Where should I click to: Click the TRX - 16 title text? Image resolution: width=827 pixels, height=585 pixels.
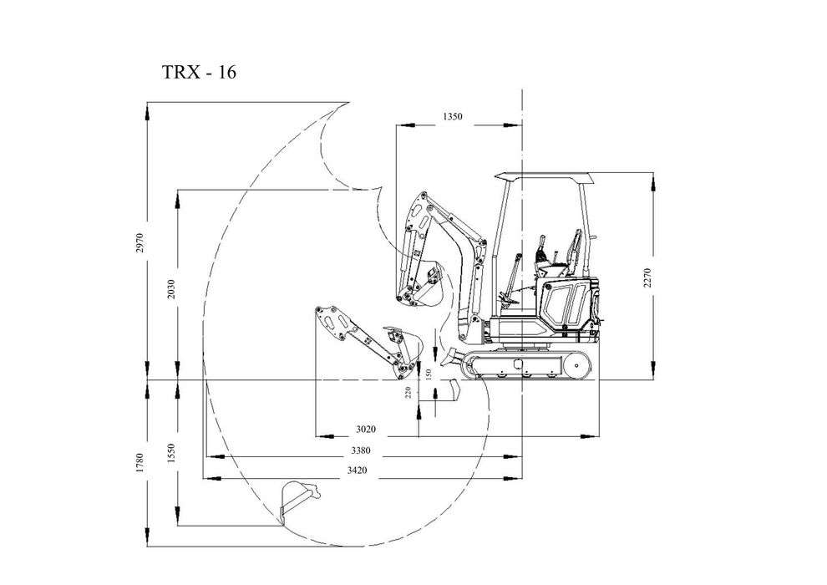pyautogui.click(x=198, y=73)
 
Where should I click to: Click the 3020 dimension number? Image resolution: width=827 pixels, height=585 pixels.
pyautogui.click(x=365, y=429)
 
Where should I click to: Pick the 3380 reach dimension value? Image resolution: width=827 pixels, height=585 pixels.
pyautogui.click(x=360, y=450)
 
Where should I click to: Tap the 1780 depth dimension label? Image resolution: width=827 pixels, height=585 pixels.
pyautogui.click(x=140, y=460)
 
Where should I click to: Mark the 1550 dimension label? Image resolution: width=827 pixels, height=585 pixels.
pyautogui.click(x=171, y=452)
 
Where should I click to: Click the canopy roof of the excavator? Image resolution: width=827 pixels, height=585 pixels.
pyautogui.click(x=544, y=175)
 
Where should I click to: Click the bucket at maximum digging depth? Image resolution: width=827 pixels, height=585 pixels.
pyautogui.click(x=298, y=500)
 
